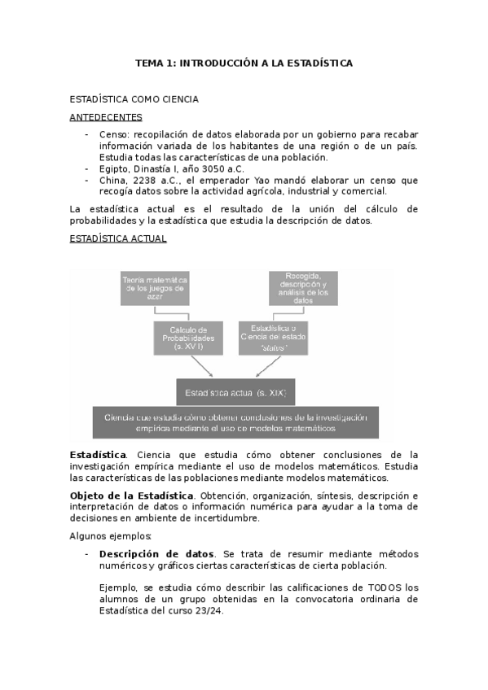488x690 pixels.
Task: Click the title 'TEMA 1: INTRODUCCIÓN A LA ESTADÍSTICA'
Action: tap(244, 63)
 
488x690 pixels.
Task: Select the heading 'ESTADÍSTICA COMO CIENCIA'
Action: tap(134, 100)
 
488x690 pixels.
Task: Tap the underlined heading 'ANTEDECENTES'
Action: tap(107, 117)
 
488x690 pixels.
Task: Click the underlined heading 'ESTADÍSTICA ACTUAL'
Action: tap(118, 238)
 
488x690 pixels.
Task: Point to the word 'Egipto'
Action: tap(114, 169)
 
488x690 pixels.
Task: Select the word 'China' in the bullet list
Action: tap(112, 181)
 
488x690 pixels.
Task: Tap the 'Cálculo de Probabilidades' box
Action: tap(188, 337)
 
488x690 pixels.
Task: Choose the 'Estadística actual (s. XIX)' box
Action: tap(235, 391)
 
